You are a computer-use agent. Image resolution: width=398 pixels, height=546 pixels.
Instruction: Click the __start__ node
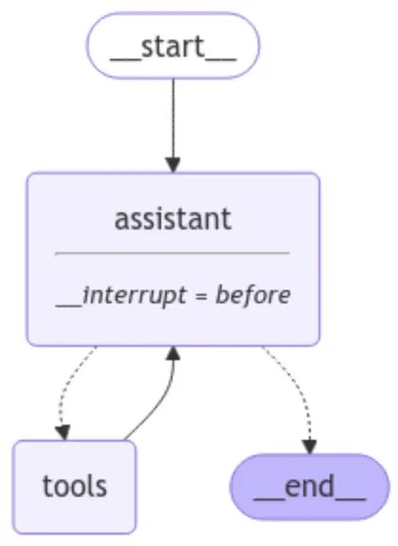[x=172, y=45]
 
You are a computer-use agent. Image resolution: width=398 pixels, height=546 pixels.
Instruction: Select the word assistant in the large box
[x=172, y=219]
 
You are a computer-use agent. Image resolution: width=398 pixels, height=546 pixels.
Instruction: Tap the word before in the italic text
[x=253, y=295]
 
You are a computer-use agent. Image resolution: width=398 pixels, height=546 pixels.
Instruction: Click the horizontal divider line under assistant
[x=172, y=253]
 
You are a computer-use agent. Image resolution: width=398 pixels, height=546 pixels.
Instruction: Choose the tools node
[x=75, y=486]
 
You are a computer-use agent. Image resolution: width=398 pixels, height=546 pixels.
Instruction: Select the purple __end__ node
[x=309, y=486]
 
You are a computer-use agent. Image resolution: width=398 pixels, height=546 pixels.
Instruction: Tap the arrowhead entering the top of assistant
[x=172, y=165]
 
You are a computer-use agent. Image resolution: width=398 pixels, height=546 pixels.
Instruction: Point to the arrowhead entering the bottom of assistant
[x=172, y=354]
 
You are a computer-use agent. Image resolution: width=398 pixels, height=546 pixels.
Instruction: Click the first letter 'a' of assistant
[x=121, y=220]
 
